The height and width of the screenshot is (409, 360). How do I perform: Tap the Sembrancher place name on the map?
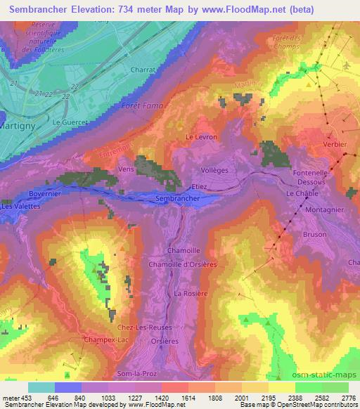[177, 200]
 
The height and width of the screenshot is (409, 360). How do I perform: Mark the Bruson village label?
[314, 235]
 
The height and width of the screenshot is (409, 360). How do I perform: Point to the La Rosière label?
[191, 292]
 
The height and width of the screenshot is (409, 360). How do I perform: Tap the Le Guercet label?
[70, 122]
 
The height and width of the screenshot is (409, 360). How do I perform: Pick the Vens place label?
[126, 169]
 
